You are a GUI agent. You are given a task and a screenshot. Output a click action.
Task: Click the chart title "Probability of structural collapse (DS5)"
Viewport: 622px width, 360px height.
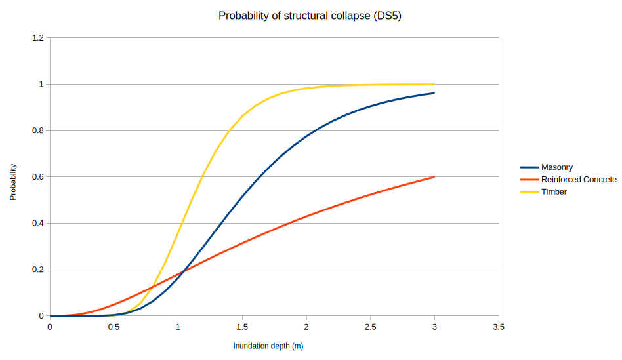coord(310,16)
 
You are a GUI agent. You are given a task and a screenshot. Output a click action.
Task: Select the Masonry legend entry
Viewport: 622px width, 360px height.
coord(556,167)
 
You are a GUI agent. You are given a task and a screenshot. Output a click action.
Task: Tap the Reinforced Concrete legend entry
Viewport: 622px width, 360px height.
coord(578,180)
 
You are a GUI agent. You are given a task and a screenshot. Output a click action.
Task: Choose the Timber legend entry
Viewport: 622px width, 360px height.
coord(554,192)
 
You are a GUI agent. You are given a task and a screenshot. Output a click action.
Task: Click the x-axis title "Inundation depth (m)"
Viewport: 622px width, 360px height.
coord(268,346)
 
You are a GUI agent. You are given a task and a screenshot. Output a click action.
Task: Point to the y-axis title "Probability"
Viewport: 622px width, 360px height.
coord(13,182)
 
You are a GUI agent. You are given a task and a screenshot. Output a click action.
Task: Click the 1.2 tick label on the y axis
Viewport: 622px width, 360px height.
coord(37,38)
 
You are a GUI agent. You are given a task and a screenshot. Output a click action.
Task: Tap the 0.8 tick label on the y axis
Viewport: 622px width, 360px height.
coord(37,130)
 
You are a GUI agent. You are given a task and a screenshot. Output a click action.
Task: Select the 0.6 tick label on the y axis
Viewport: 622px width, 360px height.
coord(37,177)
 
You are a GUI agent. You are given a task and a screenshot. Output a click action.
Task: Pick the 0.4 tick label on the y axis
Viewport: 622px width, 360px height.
coord(37,224)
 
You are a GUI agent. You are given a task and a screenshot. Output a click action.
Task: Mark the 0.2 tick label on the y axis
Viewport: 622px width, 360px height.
coord(37,270)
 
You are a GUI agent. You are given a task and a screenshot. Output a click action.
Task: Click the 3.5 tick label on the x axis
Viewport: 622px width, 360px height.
coord(498,327)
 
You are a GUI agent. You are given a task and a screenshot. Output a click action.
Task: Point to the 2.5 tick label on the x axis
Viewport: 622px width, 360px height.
coord(370,327)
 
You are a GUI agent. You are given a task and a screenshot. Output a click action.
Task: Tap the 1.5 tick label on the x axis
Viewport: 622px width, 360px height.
coord(242,327)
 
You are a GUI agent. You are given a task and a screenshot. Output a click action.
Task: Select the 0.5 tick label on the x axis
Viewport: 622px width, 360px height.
coord(114,327)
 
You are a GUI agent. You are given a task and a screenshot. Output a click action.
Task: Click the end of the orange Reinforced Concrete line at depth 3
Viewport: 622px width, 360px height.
coord(434,177)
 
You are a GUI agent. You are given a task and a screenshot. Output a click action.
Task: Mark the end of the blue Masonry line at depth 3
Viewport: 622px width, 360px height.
coord(434,93)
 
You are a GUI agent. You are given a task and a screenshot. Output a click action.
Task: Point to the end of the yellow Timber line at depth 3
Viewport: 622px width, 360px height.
coord(434,84)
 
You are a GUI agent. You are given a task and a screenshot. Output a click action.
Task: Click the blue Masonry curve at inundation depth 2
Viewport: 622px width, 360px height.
coord(306,136)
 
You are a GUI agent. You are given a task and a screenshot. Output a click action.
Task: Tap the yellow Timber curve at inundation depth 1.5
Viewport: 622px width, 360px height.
coord(242,117)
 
